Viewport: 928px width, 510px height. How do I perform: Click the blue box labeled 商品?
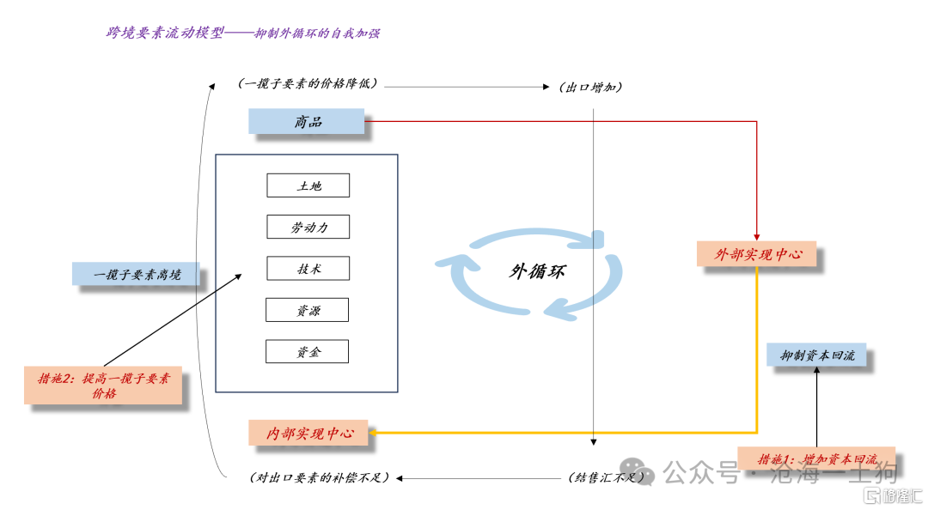tap(306, 121)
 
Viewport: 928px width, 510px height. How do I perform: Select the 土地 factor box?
tap(308, 185)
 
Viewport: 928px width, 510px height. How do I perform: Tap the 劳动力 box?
tap(308, 227)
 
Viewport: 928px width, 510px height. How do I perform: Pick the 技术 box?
tap(308, 268)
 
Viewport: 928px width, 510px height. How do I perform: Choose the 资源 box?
tap(307, 310)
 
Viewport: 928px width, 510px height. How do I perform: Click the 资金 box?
tap(307, 351)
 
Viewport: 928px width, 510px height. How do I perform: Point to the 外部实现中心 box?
tap(756, 254)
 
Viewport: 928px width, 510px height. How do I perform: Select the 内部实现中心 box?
tap(308, 433)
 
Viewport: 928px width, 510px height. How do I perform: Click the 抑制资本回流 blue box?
tap(816, 355)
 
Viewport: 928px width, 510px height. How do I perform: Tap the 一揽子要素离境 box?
tap(136, 274)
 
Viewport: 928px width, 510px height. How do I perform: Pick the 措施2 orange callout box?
tap(103, 386)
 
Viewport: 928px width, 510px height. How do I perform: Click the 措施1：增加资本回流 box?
tap(816, 458)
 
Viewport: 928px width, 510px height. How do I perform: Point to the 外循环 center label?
tap(536, 271)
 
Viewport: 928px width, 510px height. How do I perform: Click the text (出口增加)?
tap(590, 88)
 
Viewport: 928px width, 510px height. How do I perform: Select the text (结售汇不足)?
tap(606, 477)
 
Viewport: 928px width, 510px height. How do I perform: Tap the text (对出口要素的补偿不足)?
tap(320, 477)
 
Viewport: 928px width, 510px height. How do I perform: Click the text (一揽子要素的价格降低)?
tap(307, 83)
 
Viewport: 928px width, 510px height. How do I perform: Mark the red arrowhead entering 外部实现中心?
tap(756, 237)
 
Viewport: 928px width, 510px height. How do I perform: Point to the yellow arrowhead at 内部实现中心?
tap(372, 433)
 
